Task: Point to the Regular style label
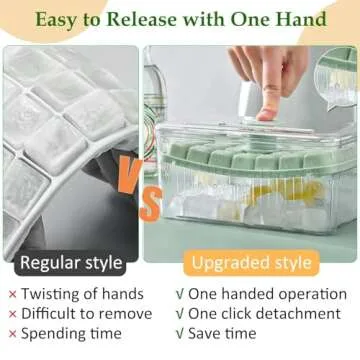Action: [x=73, y=263]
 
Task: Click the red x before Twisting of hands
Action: [x=12, y=295]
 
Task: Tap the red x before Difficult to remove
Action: [x=12, y=314]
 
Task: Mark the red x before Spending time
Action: [x=12, y=333]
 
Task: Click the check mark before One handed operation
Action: [x=179, y=295]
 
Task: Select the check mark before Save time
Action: [x=179, y=333]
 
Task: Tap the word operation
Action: [x=307, y=295]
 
